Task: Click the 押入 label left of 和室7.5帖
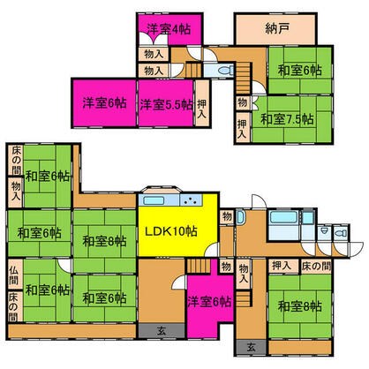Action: coord(242,129)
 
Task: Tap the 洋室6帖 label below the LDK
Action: coord(208,301)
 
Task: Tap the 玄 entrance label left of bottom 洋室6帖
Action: coord(162,330)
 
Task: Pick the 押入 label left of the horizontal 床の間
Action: coord(281,265)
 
